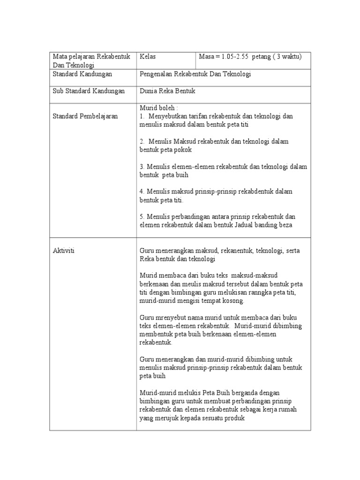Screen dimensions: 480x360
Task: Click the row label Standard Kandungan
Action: [82, 74]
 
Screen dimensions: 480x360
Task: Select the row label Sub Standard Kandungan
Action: [89, 91]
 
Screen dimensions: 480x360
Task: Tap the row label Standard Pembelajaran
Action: [85, 116]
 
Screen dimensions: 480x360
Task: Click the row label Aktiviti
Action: [64, 251]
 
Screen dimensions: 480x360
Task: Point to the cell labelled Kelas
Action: [148, 57]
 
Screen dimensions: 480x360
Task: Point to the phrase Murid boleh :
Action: [156, 108]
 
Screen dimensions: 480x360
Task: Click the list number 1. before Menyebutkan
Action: [142, 116]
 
